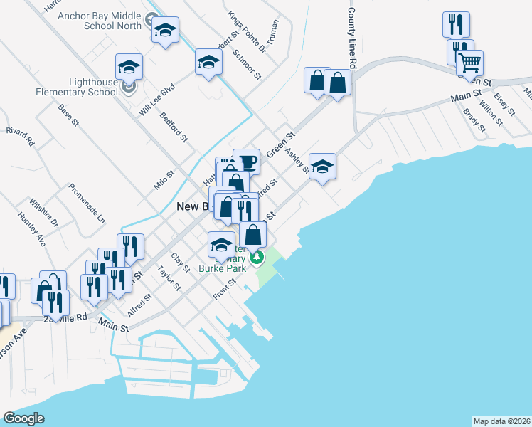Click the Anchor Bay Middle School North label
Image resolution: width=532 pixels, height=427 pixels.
tap(100, 20)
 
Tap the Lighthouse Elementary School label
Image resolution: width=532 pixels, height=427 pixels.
tap(84, 87)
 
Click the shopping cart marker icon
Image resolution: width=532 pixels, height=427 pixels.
tap(470, 64)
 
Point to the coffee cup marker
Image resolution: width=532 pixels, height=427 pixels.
tap(246, 162)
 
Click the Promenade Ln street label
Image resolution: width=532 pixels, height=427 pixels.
tap(86, 201)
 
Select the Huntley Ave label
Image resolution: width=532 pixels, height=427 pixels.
tap(31, 229)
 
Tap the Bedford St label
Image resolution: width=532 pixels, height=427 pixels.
tap(173, 127)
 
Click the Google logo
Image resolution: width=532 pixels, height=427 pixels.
tap(24, 418)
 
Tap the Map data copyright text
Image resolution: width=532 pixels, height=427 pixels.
tap(501, 421)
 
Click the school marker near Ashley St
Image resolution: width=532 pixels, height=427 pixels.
tap(323, 167)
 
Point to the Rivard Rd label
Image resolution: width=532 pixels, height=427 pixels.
tap(20, 136)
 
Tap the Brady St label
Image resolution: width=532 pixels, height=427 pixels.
tap(473, 120)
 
